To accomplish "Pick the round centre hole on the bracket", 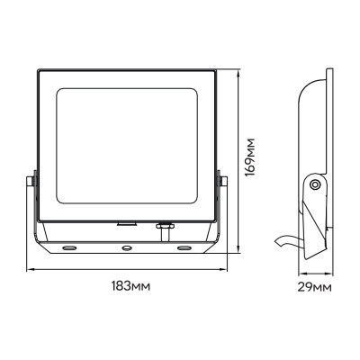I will (x=127, y=245).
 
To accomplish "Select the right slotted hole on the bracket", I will (x=184, y=245).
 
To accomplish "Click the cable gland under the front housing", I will (x=164, y=227).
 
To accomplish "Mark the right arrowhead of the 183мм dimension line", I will (x=229, y=268).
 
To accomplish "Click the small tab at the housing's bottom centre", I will (x=127, y=219).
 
